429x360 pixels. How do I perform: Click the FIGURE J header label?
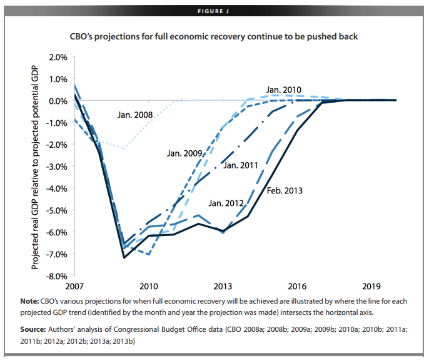tap(214, 10)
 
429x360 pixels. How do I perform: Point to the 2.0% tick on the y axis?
tap(57, 57)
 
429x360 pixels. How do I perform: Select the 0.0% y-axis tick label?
tap(57, 101)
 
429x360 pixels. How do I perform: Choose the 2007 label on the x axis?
tap(74, 287)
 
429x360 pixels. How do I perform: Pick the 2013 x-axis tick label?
tap(223, 287)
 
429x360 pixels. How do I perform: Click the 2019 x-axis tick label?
tap(371, 287)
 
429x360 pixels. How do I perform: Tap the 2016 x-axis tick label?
tap(297, 287)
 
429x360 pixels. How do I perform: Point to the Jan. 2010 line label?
tap(285, 90)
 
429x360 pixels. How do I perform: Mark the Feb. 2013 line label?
tap(285, 191)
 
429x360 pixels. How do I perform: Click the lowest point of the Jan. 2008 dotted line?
tap(124, 148)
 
